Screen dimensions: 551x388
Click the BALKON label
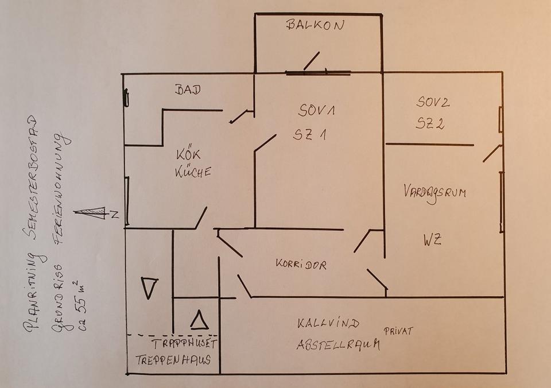(x=315, y=25)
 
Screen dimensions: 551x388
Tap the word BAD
(x=188, y=90)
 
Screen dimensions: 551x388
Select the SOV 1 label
(x=316, y=110)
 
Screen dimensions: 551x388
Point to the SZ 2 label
(x=430, y=123)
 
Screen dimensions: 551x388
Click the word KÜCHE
(x=193, y=172)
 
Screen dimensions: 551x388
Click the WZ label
(x=432, y=240)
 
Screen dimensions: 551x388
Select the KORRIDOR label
(x=301, y=264)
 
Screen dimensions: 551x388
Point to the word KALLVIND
(x=328, y=323)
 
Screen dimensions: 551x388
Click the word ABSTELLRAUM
(x=338, y=344)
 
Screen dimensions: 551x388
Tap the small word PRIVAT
(x=398, y=331)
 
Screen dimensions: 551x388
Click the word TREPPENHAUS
(x=173, y=359)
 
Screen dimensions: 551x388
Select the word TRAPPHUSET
(x=185, y=343)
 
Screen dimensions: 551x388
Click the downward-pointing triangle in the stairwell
(x=149, y=288)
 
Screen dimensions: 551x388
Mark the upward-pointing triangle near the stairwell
(x=200, y=320)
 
